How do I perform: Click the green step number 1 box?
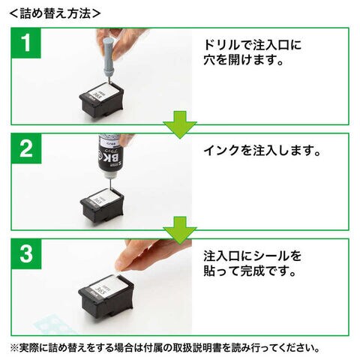tap(26, 43)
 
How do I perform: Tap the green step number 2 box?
tap(26, 148)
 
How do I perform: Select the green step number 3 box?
tap(26, 254)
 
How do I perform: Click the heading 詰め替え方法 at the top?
tap(55, 13)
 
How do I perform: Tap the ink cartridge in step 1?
tap(101, 100)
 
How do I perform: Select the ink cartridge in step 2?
tap(102, 205)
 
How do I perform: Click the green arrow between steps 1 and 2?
tap(180, 124)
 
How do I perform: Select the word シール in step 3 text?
tap(271, 256)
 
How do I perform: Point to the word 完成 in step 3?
tap(253, 271)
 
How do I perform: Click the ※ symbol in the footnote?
tap(14, 348)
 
